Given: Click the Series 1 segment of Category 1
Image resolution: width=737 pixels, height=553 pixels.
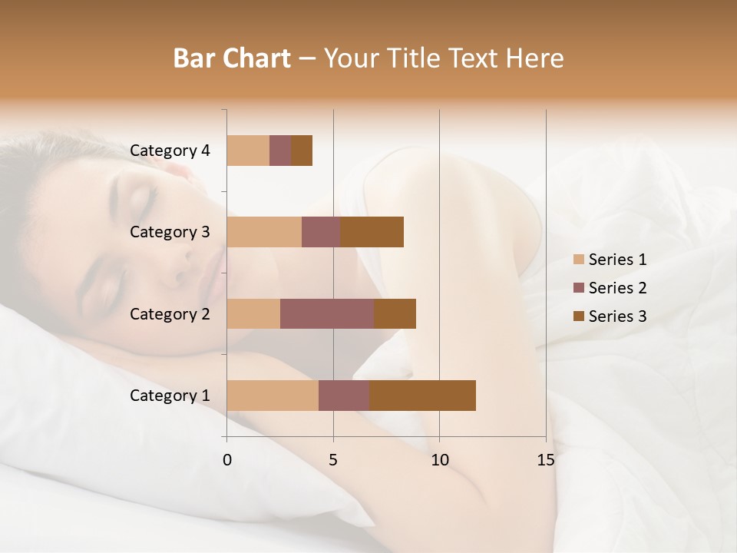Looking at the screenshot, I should click(x=273, y=396).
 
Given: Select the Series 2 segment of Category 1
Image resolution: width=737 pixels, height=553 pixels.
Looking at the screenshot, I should click(x=344, y=396).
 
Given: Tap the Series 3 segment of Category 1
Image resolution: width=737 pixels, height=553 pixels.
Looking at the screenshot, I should click(x=422, y=396).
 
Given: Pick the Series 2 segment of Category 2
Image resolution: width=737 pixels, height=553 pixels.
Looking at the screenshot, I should click(x=327, y=313).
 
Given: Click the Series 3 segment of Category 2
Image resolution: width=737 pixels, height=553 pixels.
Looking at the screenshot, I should click(x=395, y=313).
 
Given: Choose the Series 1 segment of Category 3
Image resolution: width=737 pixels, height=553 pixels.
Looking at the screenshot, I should click(x=264, y=232).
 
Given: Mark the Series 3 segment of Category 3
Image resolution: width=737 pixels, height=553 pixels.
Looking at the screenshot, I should click(x=372, y=232).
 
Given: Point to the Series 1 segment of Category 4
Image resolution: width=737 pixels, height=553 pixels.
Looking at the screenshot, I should click(x=248, y=151).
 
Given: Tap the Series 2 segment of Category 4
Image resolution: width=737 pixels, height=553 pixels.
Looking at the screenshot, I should click(x=280, y=151).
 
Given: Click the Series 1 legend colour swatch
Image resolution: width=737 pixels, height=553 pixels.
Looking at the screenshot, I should click(x=578, y=260).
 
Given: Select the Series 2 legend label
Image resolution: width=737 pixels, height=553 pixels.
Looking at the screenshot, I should click(x=617, y=288).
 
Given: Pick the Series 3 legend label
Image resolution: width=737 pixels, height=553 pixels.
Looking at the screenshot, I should click(x=617, y=316).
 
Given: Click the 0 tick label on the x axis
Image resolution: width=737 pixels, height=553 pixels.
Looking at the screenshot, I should click(x=227, y=460).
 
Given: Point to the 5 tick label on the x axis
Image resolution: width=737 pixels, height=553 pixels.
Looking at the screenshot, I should click(x=333, y=460).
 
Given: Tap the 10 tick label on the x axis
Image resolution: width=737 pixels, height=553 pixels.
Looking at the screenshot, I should click(x=439, y=460).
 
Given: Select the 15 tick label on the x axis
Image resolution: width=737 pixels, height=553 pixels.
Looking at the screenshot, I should click(x=546, y=460).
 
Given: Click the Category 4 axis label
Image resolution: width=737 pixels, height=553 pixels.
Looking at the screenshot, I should click(x=170, y=151).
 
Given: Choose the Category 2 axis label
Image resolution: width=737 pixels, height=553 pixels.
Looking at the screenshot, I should click(x=170, y=313).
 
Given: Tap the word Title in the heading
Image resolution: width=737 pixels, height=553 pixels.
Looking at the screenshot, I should click(x=413, y=58).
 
